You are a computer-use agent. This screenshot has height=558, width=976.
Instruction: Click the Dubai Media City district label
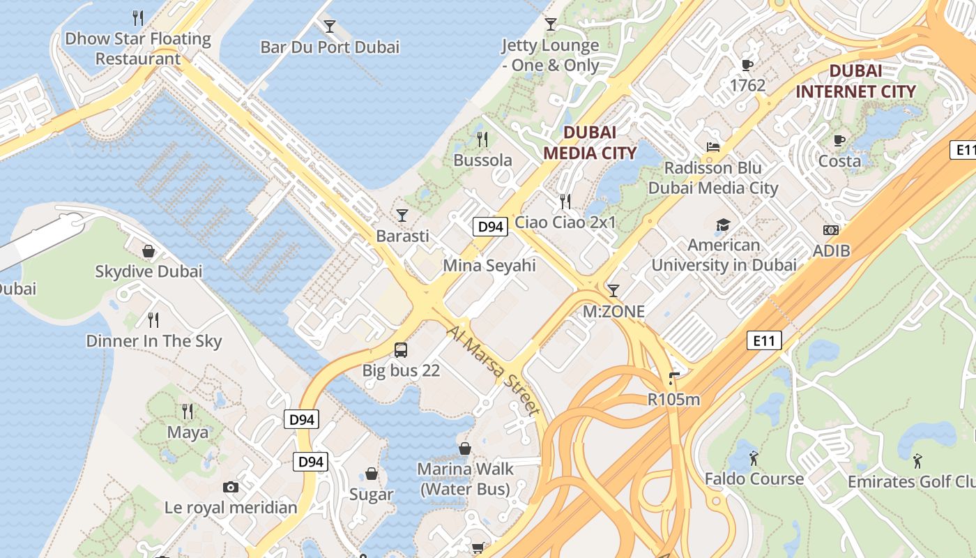coord(589,142)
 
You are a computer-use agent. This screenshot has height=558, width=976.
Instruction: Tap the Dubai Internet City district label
coord(855,81)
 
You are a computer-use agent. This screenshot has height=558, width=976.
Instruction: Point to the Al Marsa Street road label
coord(494,369)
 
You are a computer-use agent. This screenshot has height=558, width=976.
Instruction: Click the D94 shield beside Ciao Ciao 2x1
coord(489,227)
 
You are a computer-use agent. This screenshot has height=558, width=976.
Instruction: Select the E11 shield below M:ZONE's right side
coord(764,340)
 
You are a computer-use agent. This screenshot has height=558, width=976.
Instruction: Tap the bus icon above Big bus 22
coord(401,350)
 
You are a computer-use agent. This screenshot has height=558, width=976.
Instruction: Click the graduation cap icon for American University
coord(723,225)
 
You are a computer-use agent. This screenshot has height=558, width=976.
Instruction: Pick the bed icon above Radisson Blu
coord(712,147)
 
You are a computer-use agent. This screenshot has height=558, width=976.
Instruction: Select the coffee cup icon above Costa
coord(839,140)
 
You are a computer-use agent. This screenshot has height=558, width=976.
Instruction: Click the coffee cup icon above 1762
coord(747,66)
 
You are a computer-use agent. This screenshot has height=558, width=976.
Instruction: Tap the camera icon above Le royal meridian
coord(231,487)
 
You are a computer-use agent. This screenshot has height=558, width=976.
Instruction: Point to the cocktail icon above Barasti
coord(402,215)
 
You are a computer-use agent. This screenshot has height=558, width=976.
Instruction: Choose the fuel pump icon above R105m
coord(673,379)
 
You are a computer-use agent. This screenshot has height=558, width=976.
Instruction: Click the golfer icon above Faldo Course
coord(754,458)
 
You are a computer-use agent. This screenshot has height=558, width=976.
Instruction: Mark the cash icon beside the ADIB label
coord(831,229)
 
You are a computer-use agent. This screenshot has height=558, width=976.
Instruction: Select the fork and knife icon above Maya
coord(187,411)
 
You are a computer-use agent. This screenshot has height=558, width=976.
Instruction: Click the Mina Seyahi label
coord(489,266)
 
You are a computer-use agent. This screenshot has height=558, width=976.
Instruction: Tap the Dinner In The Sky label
coord(153,341)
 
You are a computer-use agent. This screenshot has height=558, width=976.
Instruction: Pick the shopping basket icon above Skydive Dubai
coord(148,250)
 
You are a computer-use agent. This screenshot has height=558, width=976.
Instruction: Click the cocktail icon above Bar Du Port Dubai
coord(330,27)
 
